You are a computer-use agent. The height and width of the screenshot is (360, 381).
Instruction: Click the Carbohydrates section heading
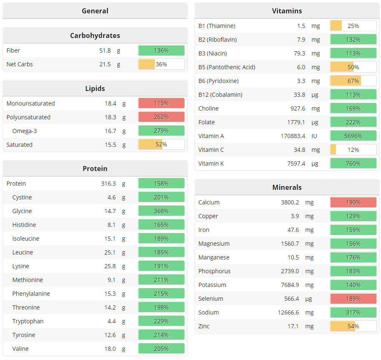(95, 35)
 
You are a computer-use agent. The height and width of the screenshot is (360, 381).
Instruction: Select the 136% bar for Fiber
(161, 50)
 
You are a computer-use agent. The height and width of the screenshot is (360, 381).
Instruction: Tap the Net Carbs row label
(20, 64)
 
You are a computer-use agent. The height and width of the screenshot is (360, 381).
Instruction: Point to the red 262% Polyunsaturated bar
(161, 117)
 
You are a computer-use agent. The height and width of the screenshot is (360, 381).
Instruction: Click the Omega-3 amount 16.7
(110, 131)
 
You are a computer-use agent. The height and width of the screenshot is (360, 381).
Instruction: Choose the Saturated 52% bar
(161, 145)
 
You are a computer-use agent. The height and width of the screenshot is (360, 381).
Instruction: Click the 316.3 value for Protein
(108, 184)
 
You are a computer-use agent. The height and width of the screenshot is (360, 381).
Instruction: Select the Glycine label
(22, 211)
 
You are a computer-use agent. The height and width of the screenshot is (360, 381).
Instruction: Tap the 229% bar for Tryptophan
(161, 321)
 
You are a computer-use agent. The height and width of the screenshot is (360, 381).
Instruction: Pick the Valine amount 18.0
(110, 349)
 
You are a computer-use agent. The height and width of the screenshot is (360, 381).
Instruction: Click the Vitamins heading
(287, 11)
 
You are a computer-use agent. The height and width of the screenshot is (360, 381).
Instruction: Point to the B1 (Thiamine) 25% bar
(353, 26)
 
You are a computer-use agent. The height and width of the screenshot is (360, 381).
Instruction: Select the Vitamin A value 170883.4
(293, 136)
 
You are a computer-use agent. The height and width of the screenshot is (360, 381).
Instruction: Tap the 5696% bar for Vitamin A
(353, 136)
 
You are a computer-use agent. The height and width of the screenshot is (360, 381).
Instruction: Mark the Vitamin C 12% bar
(353, 150)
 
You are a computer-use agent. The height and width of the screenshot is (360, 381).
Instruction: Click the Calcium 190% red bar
(353, 202)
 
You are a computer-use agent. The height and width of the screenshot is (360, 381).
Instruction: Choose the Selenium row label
(211, 299)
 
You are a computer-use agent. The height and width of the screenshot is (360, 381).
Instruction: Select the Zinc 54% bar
(353, 326)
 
